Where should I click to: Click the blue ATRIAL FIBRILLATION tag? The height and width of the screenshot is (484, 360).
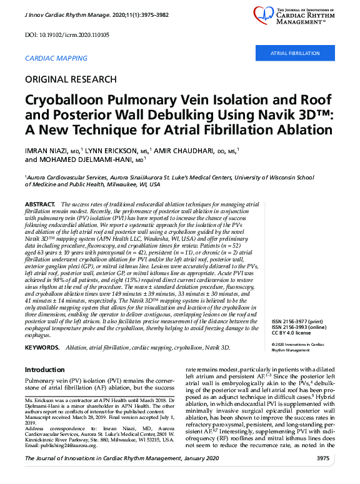(294, 54)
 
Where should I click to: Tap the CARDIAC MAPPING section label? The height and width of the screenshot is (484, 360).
(56, 58)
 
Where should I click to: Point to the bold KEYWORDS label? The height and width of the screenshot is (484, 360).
(42, 347)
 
